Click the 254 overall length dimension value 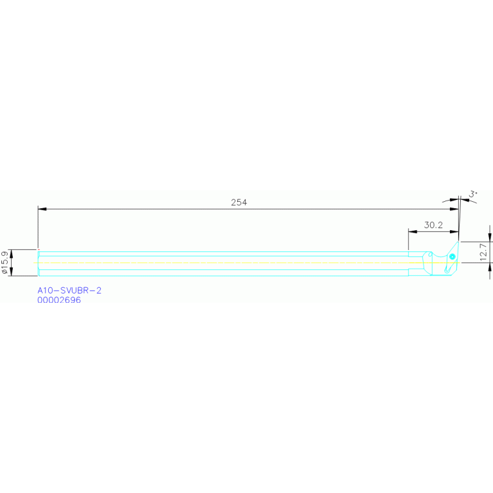(x=239, y=202)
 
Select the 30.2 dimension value (x=434, y=225)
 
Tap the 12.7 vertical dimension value (x=484, y=251)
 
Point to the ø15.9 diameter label (x=6, y=263)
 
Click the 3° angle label (x=474, y=193)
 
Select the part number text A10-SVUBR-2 (x=69, y=291)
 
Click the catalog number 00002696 (x=59, y=300)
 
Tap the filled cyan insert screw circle (x=453, y=257)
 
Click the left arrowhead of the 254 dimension (x=42, y=209)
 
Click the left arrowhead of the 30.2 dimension (x=412, y=231)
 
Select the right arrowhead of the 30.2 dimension (x=454, y=231)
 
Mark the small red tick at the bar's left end (x=39, y=249)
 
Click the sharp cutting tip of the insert (x=458, y=242)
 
